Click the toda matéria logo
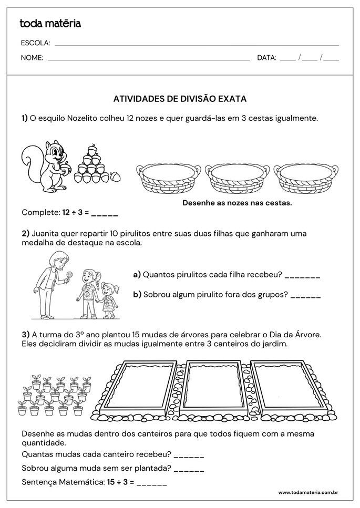point(50,23)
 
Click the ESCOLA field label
point(35,43)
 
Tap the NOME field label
point(32,58)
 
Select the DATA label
point(266,58)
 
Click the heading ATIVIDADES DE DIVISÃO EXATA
point(180,98)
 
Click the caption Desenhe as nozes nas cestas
point(236,202)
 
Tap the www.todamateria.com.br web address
point(307,492)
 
